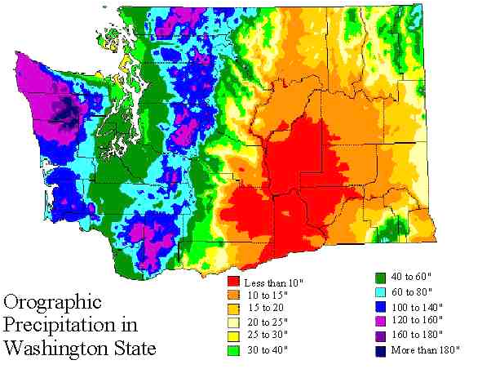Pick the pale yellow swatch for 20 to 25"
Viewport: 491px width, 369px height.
coord(233,322)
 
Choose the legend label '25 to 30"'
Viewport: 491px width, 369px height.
coord(268,336)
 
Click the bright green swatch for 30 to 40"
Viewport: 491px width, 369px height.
coord(233,350)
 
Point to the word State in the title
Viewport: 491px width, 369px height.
coord(133,349)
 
